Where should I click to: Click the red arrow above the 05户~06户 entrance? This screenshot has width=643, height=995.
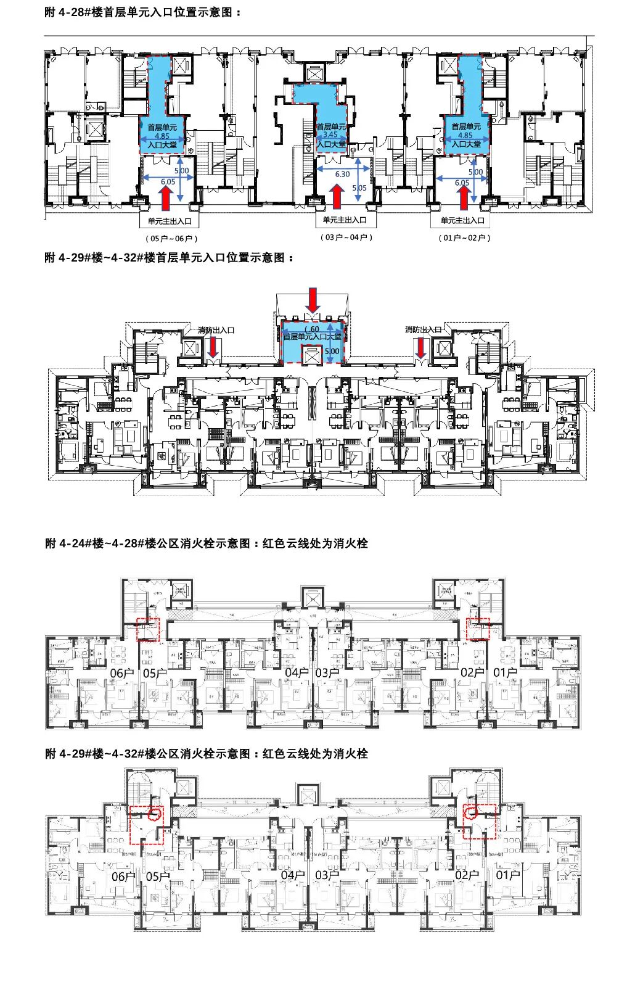coord(165,199)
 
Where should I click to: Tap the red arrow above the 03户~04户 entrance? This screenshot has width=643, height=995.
coord(337,197)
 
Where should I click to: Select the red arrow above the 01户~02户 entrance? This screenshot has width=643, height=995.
coord(464,199)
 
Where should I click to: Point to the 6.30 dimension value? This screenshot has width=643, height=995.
coord(342,175)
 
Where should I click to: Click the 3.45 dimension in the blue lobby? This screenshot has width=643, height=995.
coord(330,134)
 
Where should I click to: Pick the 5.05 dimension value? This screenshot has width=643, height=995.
coord(359,188)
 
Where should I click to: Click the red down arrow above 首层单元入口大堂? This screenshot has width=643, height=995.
coord(314,300)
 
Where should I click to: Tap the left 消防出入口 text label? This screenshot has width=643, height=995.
coord(216,330)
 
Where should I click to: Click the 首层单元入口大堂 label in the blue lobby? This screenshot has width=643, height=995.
coord(312,337)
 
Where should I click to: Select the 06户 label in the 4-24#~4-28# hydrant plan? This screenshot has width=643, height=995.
coord(122,673)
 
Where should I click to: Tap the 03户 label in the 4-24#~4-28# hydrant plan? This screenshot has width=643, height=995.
coord(327,673)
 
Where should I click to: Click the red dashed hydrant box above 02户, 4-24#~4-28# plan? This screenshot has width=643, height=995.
coord(477,629)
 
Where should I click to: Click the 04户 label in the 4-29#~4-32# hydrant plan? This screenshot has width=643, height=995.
coord(293,875)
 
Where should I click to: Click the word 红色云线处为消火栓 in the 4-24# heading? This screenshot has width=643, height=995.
coord(315,543)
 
